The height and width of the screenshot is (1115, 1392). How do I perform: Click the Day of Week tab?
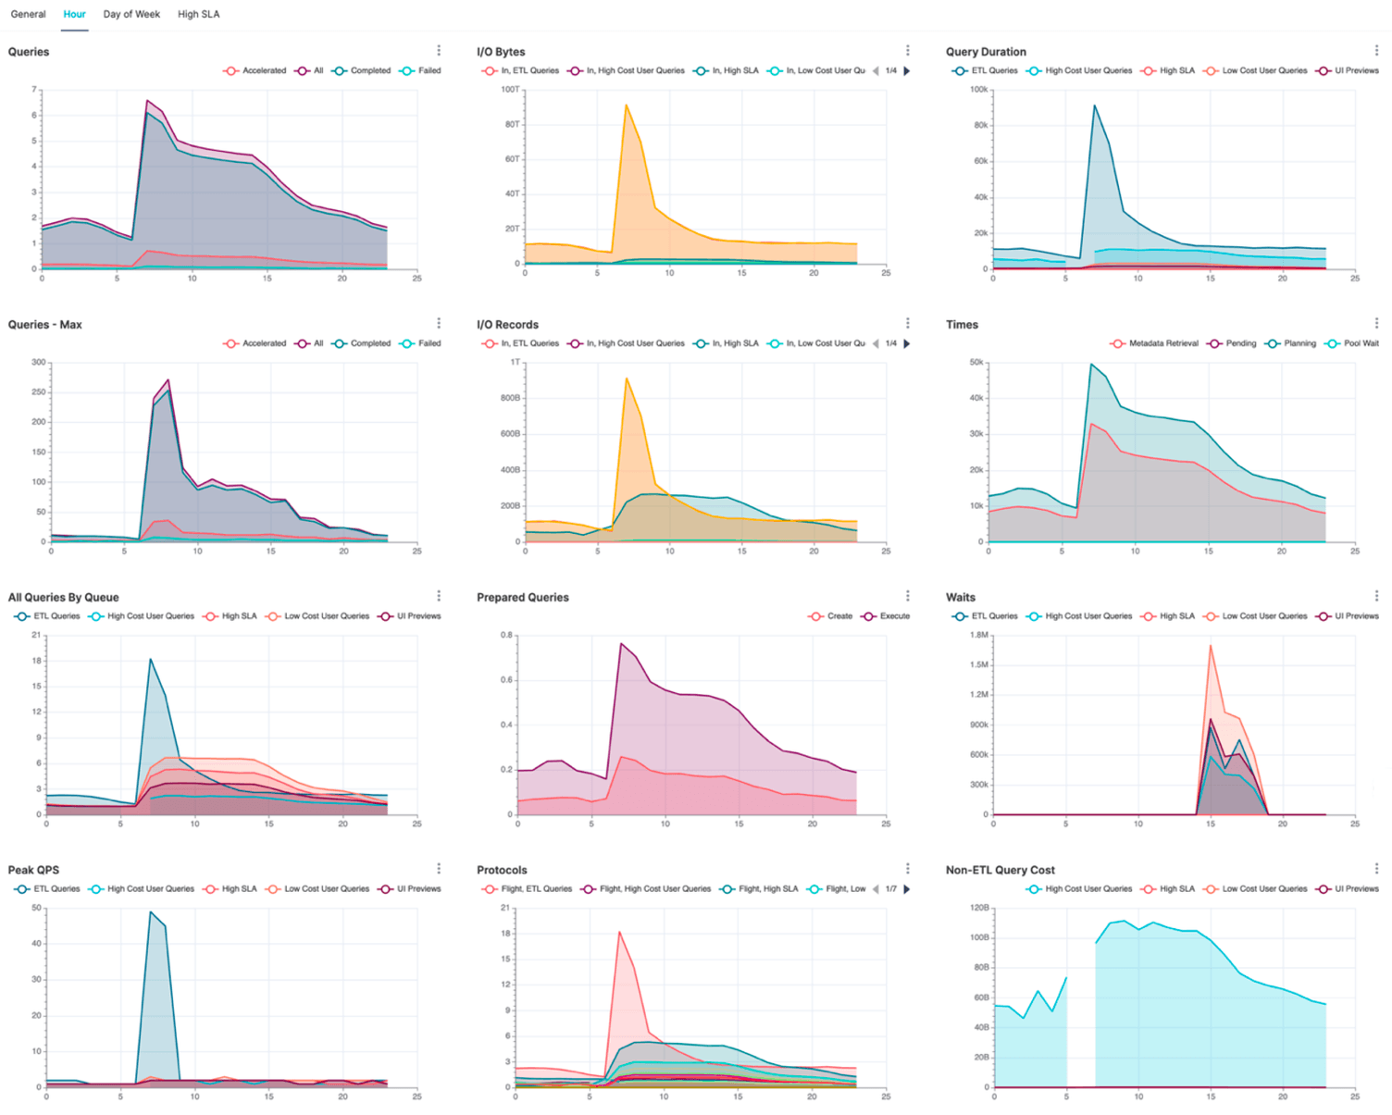pyautogui.click(x=131, y=14)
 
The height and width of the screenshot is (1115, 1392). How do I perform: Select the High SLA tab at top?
pyautogui.click(x=198, y=14)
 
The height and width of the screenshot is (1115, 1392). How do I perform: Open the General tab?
pyautogui.click(x=28, y=14)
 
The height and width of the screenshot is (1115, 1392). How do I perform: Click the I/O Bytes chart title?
pyautogui.click(x=501, y=52)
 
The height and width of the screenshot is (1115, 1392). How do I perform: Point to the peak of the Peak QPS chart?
pyautogui.click(x=151, y=912)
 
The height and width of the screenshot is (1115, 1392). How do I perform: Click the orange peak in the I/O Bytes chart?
pyautogui.click(x=627, y=105)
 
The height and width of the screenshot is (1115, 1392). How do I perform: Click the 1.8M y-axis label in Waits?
pyautogui.click(x=978, y=635)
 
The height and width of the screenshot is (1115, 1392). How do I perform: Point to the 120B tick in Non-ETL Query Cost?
pyautogui.click(x=979, y=908)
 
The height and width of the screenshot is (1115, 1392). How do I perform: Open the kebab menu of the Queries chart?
pyautogui.click(x=439, y=51)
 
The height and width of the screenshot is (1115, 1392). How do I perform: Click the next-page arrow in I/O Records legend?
pyautogui.click(x=907, y=343)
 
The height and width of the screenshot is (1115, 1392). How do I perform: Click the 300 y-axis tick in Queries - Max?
pyautogui.click(x=38, y=362)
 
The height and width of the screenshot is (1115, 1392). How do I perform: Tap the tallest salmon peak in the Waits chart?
pyautogui.click(x=1211, y=646)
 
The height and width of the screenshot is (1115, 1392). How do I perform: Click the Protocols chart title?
pyautogui.click(x=502, y=870)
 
